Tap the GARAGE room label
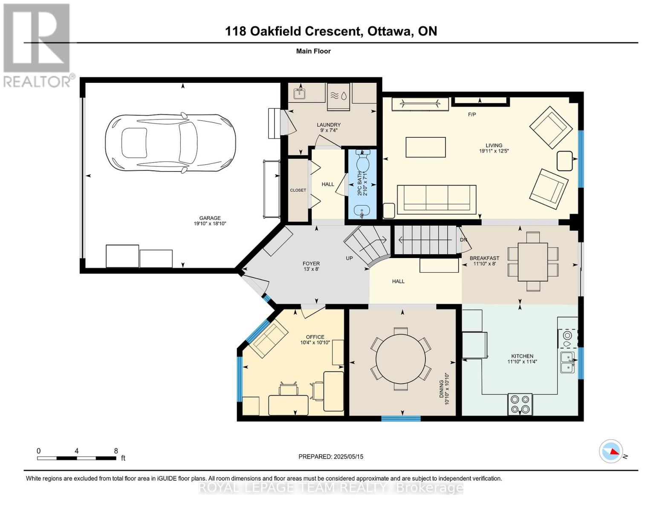[x=210, y=218]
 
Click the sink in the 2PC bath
[x=362, y=210]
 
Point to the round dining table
[x=401, y=358]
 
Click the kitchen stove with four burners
[x=520, y=404]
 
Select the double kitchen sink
[x=567, y=362]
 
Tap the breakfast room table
[x=533, y=262]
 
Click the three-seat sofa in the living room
[x=437, y=199]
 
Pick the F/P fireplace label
[x=472, y=114]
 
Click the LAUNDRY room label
[x=329, y=125]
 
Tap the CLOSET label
[x=298, y=190]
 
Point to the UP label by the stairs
[x=350, y=258]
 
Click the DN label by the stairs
[x=464, y=240]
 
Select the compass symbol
[x=611, y=451]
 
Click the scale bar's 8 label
[x=116, y=451]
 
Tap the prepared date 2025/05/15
[x=331, y=457]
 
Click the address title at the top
[x=331, y=31]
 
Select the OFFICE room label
[x=315, y=337]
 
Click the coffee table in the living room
[x=425, y=147]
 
